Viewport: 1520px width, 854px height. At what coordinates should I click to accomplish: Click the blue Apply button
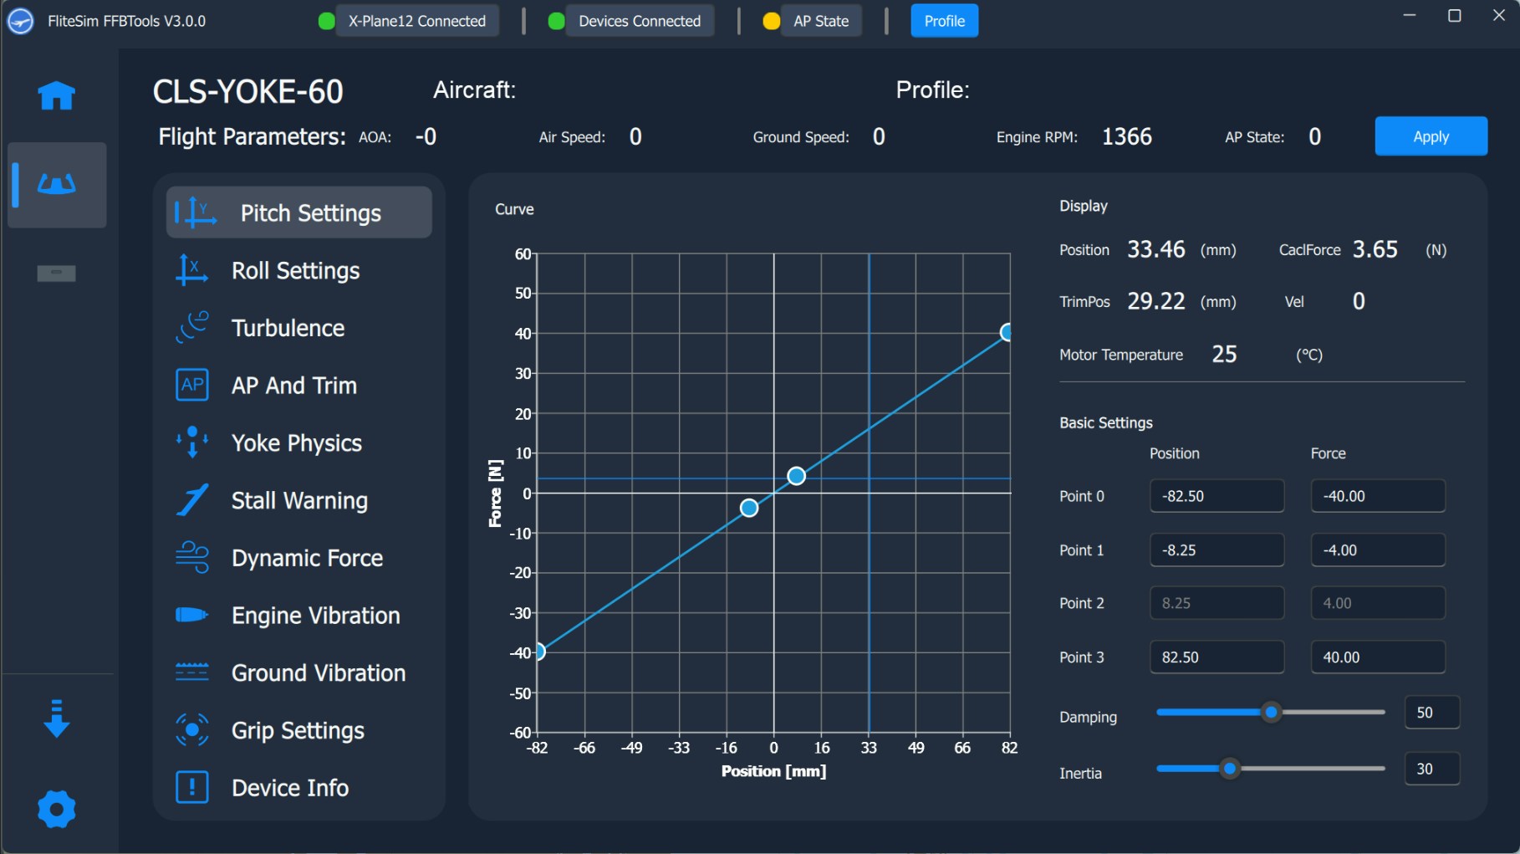(1431, 136)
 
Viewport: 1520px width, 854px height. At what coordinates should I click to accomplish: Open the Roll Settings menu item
(295, 271)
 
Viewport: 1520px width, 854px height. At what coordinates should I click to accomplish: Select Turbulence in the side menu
(288, 328)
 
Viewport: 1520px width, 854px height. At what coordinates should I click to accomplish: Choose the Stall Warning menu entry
(299, 500)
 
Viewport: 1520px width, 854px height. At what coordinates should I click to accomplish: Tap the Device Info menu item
(289, 788)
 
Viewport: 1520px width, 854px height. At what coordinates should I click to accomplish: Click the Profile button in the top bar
(944, 21)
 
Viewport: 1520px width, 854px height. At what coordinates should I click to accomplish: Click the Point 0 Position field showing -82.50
(1217, 496)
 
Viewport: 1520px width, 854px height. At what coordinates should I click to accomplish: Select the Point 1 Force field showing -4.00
(1377, 550)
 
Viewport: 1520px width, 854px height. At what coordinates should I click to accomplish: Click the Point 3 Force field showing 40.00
(1377, 657)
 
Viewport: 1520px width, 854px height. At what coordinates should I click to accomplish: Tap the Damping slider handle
(1271, 713)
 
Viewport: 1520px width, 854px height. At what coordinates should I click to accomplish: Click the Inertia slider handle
(1229, 769)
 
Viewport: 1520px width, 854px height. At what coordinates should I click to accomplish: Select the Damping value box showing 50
(1432, 713)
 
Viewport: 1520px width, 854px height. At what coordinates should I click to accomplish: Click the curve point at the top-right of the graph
(1007, 333)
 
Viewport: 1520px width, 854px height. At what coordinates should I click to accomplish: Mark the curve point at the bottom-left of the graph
(540, 652)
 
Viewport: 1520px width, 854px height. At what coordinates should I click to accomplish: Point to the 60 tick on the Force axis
(523, 253)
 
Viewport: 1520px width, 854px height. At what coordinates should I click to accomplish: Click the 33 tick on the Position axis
(870, 748)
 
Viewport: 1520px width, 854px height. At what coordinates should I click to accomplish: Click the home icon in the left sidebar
(56, 95)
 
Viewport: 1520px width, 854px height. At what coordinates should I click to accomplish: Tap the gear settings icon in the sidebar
(56, 810)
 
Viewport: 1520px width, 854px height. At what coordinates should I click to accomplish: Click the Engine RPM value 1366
(1126, 137)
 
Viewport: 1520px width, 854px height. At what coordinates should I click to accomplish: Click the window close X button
(1498, 16)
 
